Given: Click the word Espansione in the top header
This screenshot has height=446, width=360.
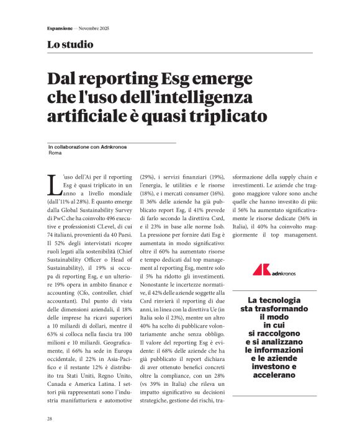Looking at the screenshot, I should coord(60,29).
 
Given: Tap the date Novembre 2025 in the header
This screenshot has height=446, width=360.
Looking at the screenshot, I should coord(96,29).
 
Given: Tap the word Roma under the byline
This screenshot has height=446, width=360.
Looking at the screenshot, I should coord(54,153).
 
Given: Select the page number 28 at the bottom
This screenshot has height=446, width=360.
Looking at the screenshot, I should coord(50,419).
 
